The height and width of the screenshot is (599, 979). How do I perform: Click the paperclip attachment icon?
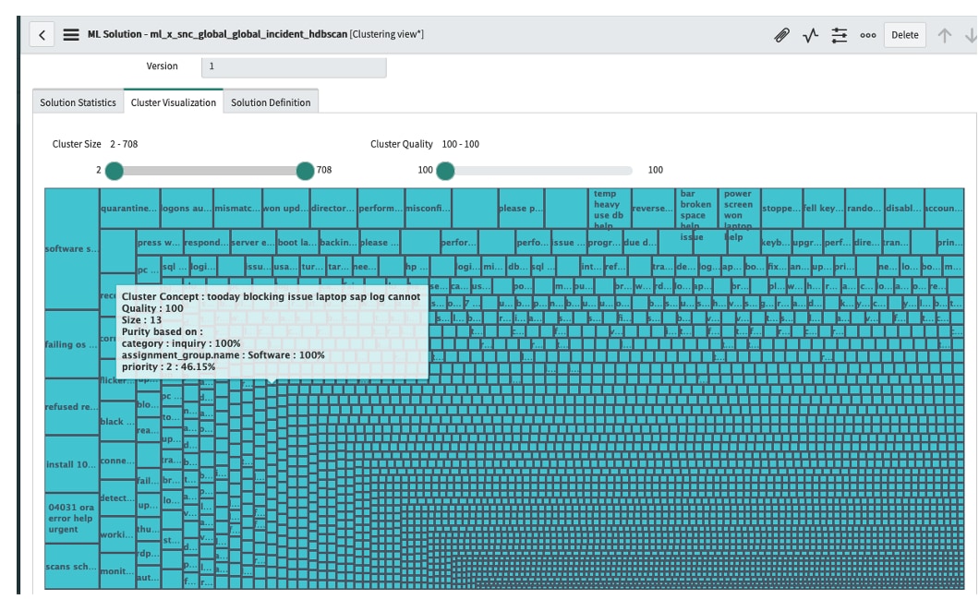(x=781, y=35)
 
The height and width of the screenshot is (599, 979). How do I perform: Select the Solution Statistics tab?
(x=78, y=102)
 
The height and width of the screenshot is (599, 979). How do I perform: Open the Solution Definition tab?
(x=272, y=102)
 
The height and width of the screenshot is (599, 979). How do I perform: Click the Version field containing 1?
(x=293, y=66)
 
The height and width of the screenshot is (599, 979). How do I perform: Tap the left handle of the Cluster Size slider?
(x=114, y=171)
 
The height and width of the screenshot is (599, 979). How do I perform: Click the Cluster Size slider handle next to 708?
(x=305, y=171)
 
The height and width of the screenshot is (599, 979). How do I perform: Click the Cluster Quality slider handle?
(x=445, y=171)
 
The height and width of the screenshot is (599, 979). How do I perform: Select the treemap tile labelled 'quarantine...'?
(x=128, y=209)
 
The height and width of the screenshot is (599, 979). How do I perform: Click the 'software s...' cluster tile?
(x=72, y=249)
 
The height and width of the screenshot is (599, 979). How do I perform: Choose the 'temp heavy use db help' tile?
(x=610, y=209)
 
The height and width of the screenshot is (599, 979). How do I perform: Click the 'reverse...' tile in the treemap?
(x=652, y=209)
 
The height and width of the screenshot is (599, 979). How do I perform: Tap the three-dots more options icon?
(x=867, y=35)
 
